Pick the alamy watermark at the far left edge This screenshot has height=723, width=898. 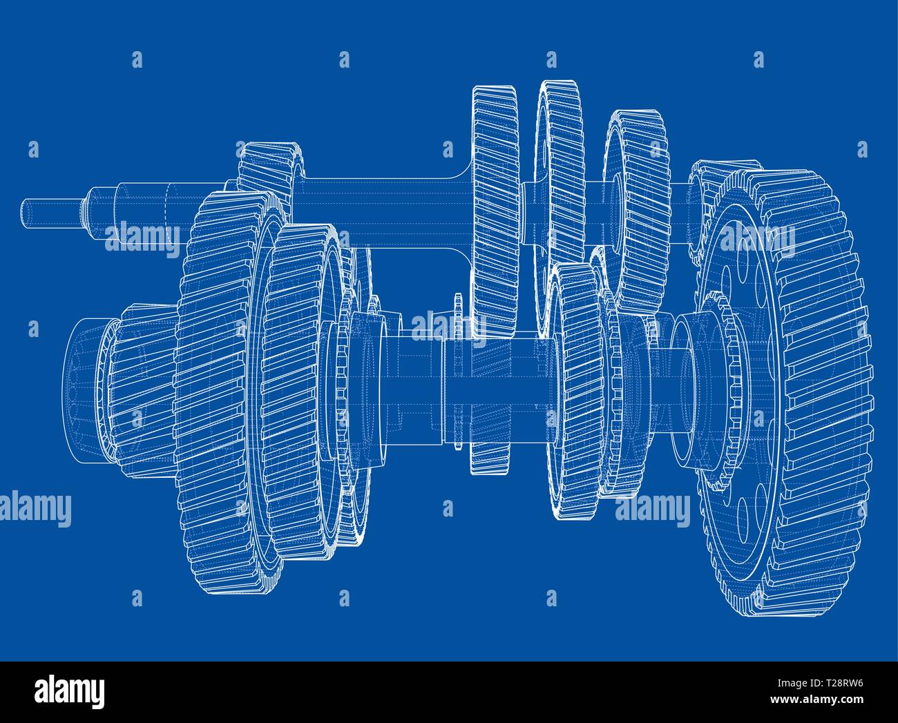pyautogui.click(x=35, y=510)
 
